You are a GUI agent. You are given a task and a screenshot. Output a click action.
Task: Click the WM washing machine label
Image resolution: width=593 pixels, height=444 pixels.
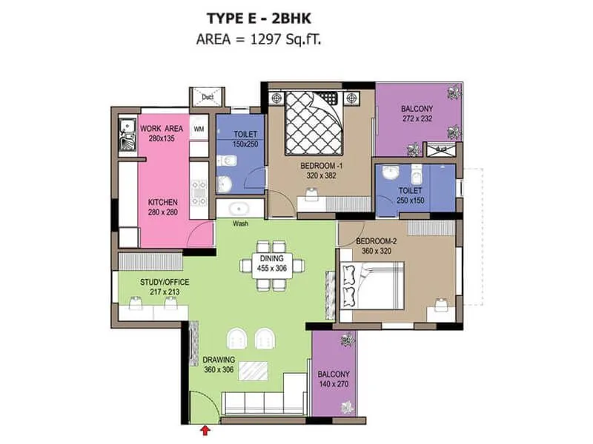(199, 129)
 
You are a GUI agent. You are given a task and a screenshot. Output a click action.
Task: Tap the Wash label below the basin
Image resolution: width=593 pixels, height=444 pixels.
(240, 223)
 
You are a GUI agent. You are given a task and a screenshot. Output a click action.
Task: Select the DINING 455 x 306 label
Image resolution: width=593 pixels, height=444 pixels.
(272, 263)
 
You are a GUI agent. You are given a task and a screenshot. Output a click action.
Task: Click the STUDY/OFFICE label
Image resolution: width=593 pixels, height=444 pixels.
(165, 286)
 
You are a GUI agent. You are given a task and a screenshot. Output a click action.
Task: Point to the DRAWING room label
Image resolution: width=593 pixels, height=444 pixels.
(219, 365)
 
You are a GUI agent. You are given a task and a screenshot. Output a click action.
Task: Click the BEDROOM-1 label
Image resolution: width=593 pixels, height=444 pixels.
(321, 171)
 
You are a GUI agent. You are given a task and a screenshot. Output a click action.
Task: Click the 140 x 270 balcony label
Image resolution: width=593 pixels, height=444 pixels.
(334, 380)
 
